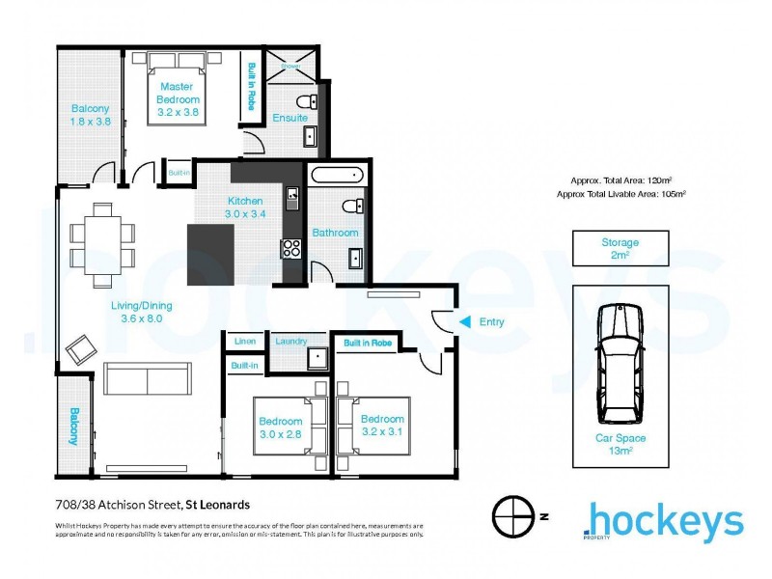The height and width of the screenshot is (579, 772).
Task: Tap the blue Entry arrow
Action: click(x=464, y=322)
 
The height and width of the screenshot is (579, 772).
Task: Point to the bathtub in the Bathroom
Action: click(x=337, y=177)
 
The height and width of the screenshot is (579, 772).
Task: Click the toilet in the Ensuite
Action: click(x=306, y=101)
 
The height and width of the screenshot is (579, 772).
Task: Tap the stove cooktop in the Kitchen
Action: click(x=290, y=247)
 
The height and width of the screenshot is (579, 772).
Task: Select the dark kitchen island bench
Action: click(x=211, y=252)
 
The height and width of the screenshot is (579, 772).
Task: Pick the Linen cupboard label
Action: click(x=244, y=341)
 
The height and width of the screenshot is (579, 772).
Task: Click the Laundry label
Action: click(x=290, y=341)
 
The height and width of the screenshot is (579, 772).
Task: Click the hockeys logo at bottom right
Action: click(x=665, y=522)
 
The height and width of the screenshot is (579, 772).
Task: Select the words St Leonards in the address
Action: click(x=217, y=505)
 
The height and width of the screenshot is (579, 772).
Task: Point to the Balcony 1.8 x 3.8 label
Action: click(x=89, y=115)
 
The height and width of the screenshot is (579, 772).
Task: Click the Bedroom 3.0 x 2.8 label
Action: click(x=280, y=427)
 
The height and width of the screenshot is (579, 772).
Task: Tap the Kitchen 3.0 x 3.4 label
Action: click(x=244, y=207)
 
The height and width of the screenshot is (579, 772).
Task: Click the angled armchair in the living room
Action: click(x=81, y=347)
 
